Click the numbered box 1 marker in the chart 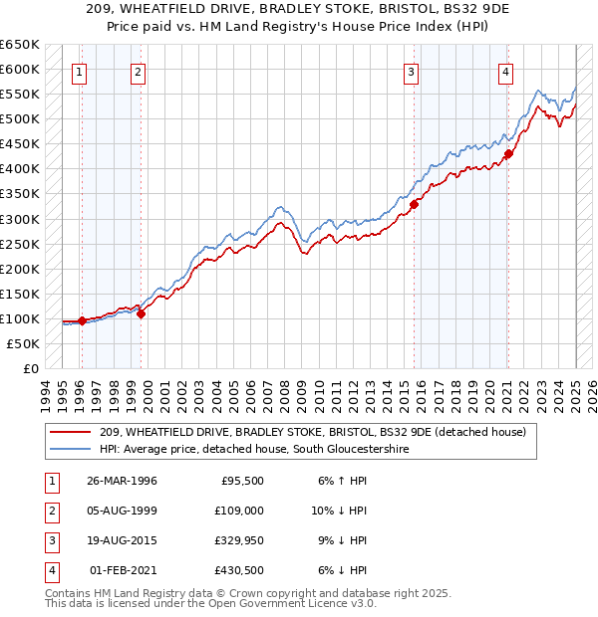pyautogui.click(x=78, y=71)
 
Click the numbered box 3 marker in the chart pyautogui.click(x=411, y=71)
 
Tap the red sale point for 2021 pyautogui.click(x=507, y=153)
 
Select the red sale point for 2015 pyautogui.click(x=414, y=203)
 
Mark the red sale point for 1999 pyautogui.click(x=141, y=313)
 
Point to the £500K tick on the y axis pyautogui.click(x=24, y=119)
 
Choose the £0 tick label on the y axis pyautogui.click(x=30, y=368)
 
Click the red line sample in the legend pyautogui.click(x=72, y=433)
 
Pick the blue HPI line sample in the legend pyautogui.click(x=72, y=450)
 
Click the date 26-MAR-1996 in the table pyautogui.click(x=122, y=481)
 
